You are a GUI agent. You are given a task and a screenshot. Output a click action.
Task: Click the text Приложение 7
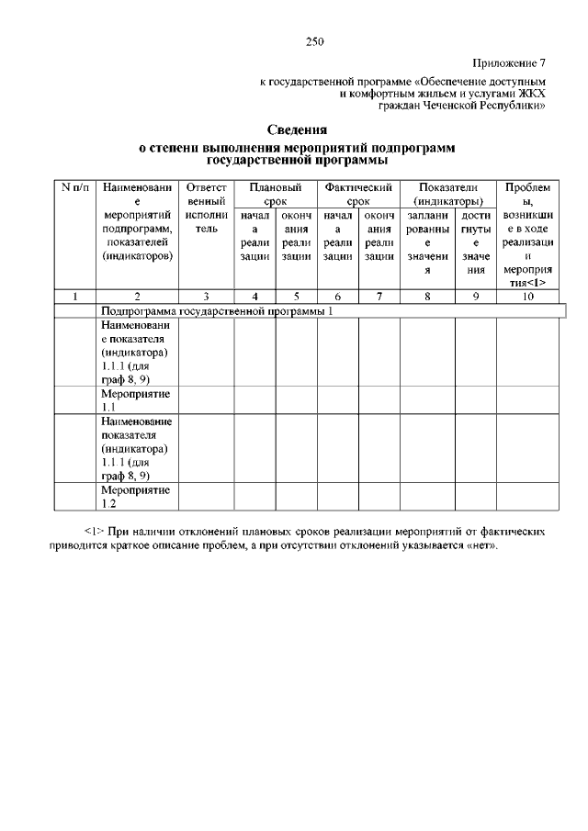pyautogui.click(x=509, y=63)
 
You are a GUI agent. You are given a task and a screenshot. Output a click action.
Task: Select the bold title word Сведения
pyautogui.click(x=297, y=129)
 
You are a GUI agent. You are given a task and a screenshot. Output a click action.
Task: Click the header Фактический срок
pyautogui.click(x=358, y=193)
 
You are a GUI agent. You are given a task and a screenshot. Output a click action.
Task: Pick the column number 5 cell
pyautogui.click(x=297, y=297)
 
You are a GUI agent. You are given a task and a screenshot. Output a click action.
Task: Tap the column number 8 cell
pyautogui.click(x=426, y=297)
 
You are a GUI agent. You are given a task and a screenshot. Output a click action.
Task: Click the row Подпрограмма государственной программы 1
pyautogui.click(x=216, y=311)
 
